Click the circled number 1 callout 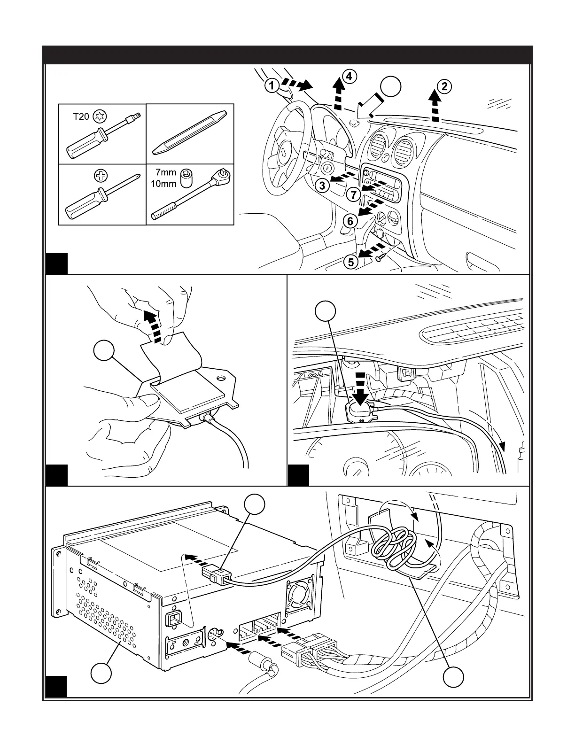pos(271,85)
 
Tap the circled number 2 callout pos(444,86)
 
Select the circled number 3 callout pos(322,186)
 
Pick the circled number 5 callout pos(351,261)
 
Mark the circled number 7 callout pos(354,194)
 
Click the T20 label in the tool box pos(81,116)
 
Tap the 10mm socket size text pos(163,184)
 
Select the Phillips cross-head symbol pos(100,176)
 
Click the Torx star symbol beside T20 pos(99,116)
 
